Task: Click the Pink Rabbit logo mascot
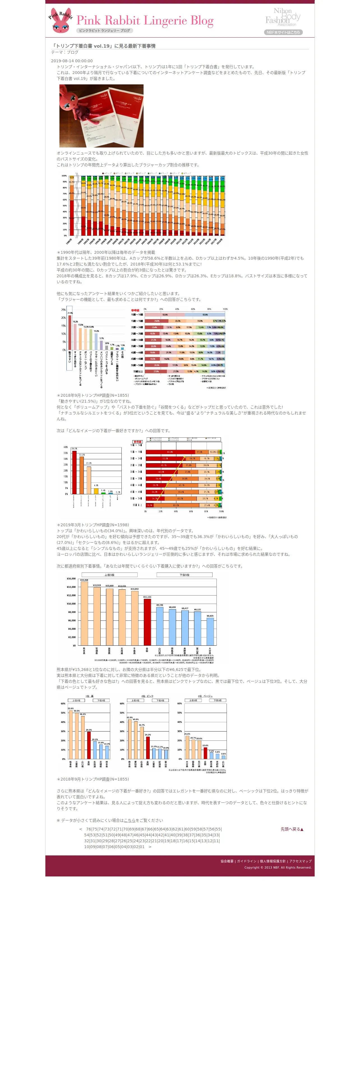61,20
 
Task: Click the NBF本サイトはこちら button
283,32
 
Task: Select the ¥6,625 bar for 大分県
210,631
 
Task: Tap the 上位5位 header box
109,575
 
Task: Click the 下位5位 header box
184,575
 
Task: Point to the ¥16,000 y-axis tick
71,579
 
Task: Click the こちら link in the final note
130,820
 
